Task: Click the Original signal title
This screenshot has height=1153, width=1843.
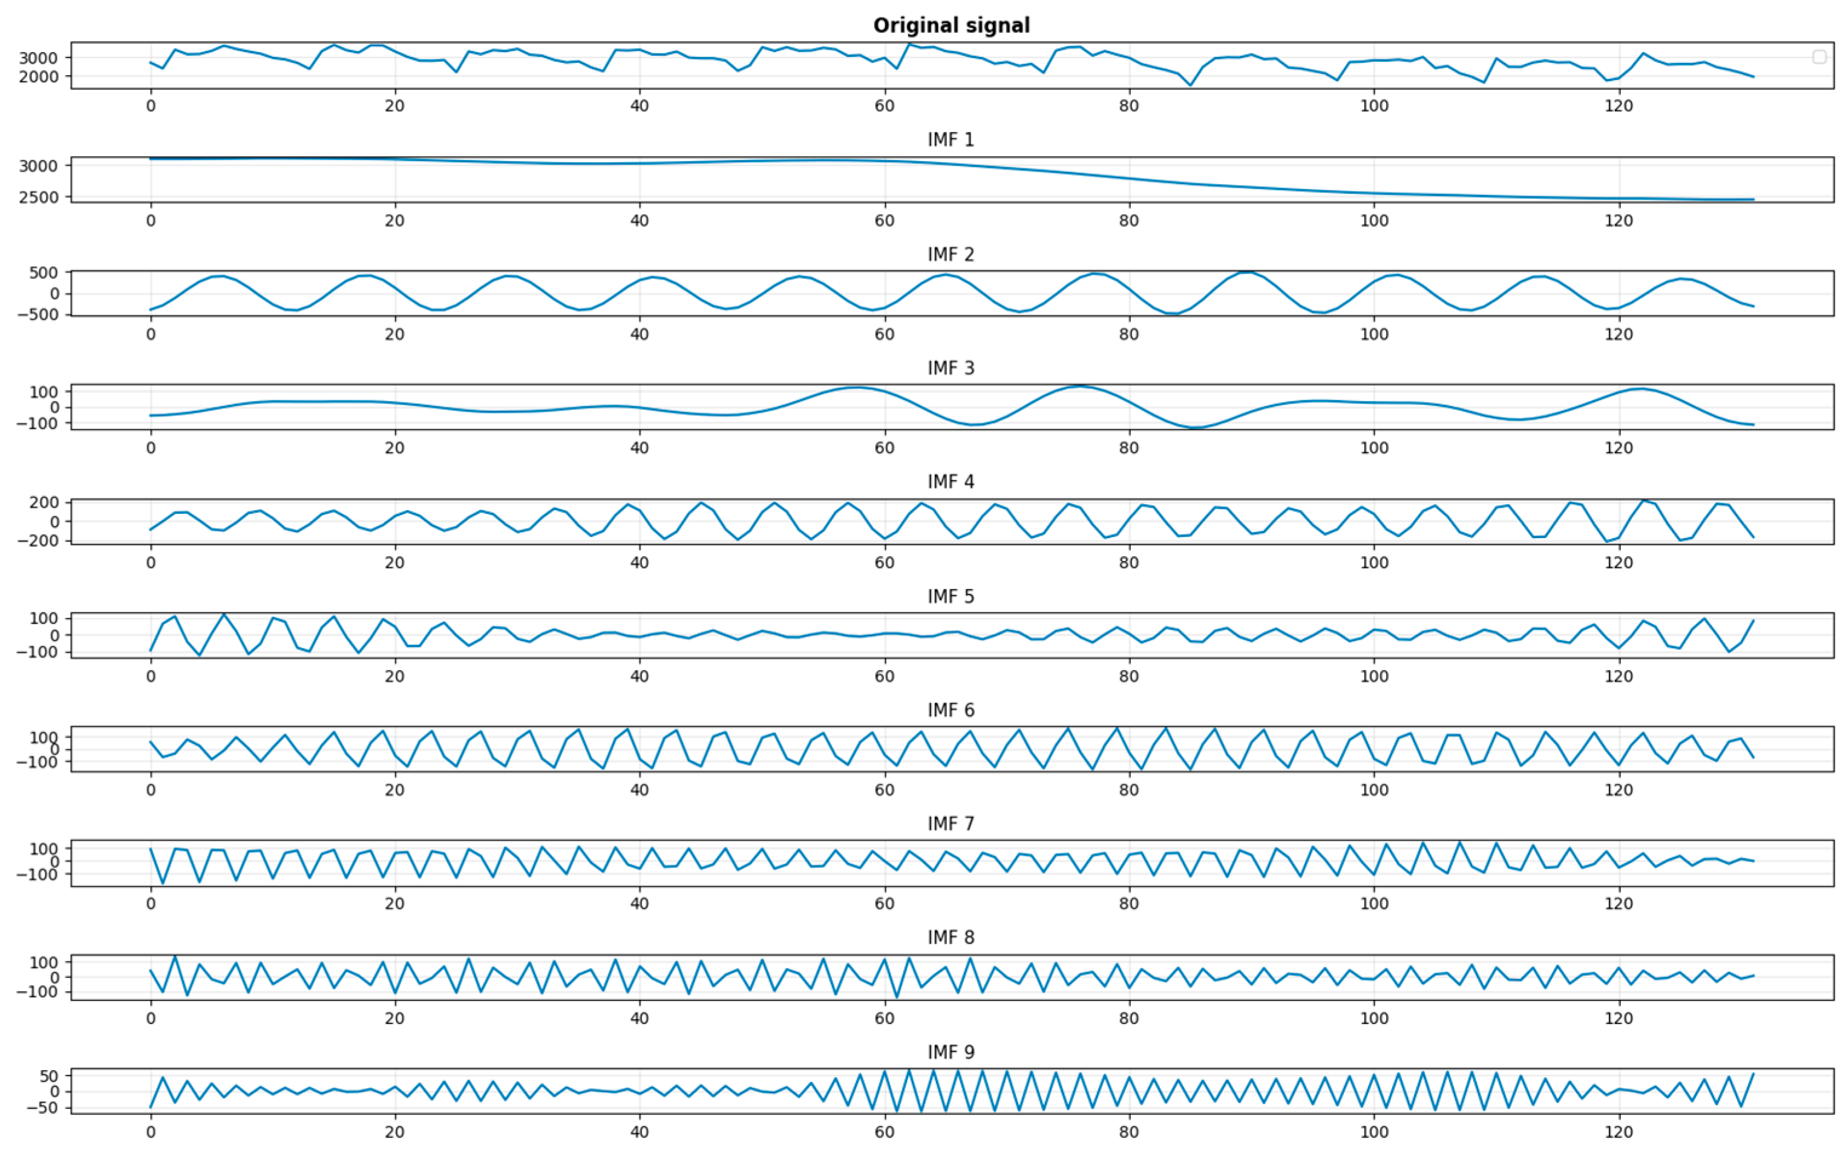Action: tap(951, 25)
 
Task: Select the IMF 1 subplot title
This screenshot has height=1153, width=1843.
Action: tap(951, 140)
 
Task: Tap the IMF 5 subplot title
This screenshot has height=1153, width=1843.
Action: tap(951, 596)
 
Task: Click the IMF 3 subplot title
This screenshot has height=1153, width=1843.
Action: tap(951, 367)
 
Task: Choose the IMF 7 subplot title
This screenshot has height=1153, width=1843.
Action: tap(951, 824)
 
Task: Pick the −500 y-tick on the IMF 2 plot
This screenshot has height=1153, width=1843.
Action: tap(38, 314)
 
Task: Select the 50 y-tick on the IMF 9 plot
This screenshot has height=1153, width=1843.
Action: tap(50, 1076)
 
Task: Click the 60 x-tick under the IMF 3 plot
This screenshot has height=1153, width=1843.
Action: tap(884, 448)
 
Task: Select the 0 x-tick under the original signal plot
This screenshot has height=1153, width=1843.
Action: tap(150, 105)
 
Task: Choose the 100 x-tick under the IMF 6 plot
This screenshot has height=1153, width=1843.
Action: tap(1373, 789)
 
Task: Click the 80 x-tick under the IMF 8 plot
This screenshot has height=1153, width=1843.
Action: tap(1129, 1018)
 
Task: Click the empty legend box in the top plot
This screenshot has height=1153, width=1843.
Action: tap(1819, 57)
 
